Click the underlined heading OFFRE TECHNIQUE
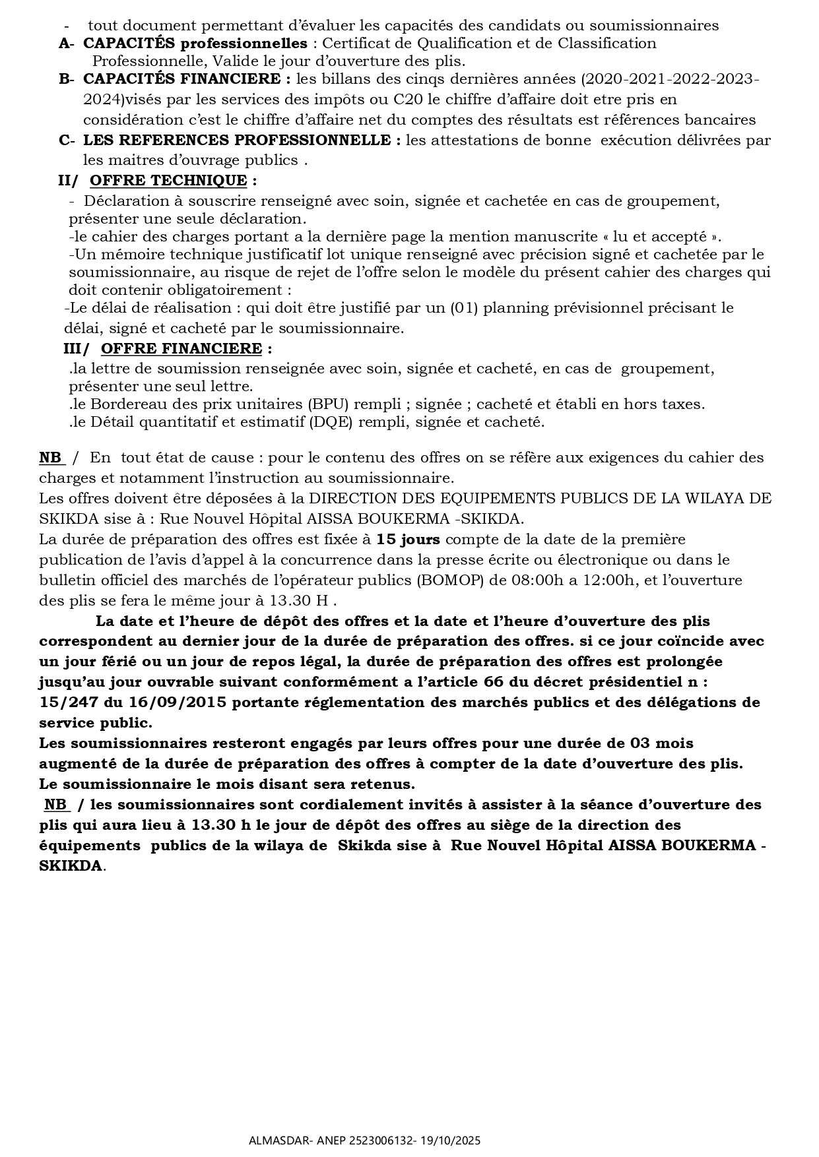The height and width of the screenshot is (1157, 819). pyautogui.click(x=168, y=181)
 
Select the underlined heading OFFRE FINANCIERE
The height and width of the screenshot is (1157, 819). pyautogui.click(x=181, y=348)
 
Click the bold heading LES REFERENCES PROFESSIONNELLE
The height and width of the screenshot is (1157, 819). pyautogui.click(x=242, y=141)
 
